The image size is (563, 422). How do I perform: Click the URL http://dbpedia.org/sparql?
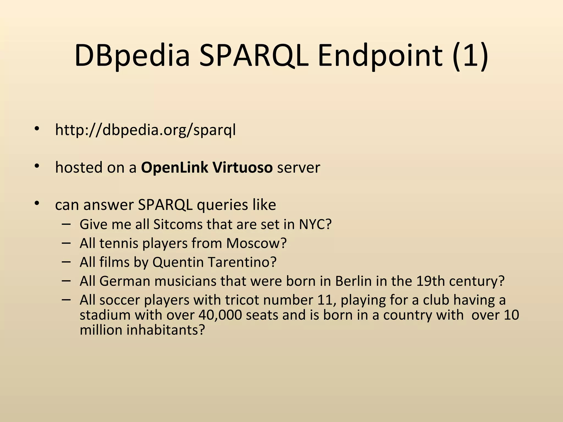coord(145,130)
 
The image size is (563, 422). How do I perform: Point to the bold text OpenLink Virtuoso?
coord(207,167)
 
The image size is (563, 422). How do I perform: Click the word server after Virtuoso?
coord(299,168)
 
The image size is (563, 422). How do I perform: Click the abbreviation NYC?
coord(315,224)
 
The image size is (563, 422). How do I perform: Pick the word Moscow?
coord(256,243)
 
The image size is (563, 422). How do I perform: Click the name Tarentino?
coord(242,262)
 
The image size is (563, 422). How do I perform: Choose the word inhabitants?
coord(165,330)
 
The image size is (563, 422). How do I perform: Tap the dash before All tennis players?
coord(66,243)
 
